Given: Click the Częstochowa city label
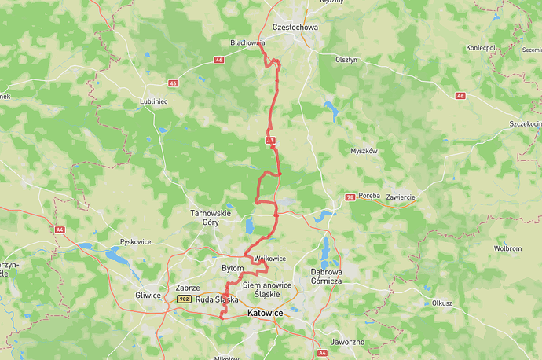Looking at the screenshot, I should (x=295, y=27).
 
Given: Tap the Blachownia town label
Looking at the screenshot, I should (x=247, y=43).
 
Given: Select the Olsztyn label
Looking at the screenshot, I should (x=346, y=59).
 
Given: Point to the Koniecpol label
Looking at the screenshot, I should (x=481, y=47).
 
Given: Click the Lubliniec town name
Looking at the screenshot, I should (x=154, y=101).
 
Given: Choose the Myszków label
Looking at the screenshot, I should (x=364, y=150).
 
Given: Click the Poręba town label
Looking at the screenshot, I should (x=369, y=195).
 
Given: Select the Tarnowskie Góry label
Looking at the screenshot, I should (x=211, y=218).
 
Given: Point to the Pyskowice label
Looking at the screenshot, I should (x=135, y=242).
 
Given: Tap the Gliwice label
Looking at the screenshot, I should (x=148, y=295).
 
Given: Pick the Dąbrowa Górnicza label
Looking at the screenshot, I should (x=325, y=276).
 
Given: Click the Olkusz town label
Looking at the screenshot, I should (x=441, y=302).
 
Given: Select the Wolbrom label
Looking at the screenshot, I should (x=507, y=248).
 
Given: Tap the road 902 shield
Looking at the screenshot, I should (x=184, y=299).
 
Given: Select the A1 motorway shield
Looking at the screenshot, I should (x=269, y=140).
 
